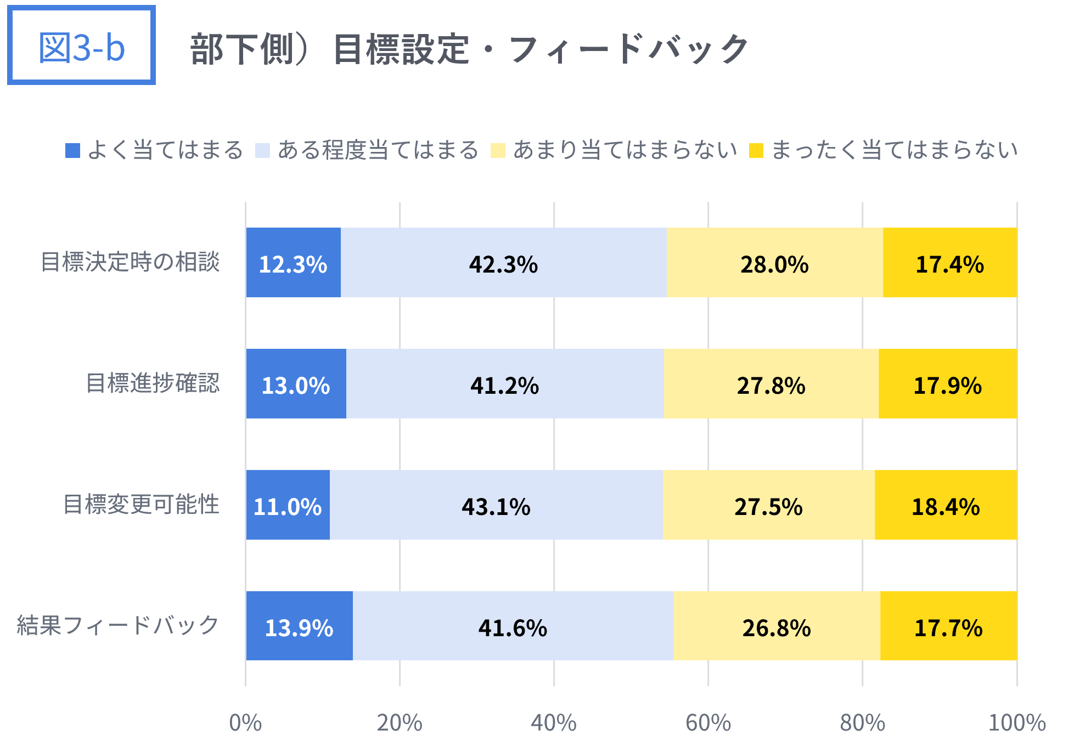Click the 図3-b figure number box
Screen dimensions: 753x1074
[81, 46]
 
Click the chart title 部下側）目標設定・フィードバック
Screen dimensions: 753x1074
[469, 49]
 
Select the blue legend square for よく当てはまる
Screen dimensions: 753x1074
[72, 150]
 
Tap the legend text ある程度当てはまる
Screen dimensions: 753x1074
[378, 150]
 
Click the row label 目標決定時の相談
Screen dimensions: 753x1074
[130, 262]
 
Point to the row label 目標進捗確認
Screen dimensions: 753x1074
[153, 383]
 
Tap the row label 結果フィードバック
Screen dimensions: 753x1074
[118, 626]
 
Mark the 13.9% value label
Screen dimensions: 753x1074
[299, 628]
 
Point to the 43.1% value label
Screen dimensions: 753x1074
[496, 507]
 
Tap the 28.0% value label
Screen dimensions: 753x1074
[774, 264]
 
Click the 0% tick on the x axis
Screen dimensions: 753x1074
[245, 723]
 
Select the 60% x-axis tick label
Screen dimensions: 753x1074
[708, 723]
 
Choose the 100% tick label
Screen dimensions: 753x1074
[1016, 723]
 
